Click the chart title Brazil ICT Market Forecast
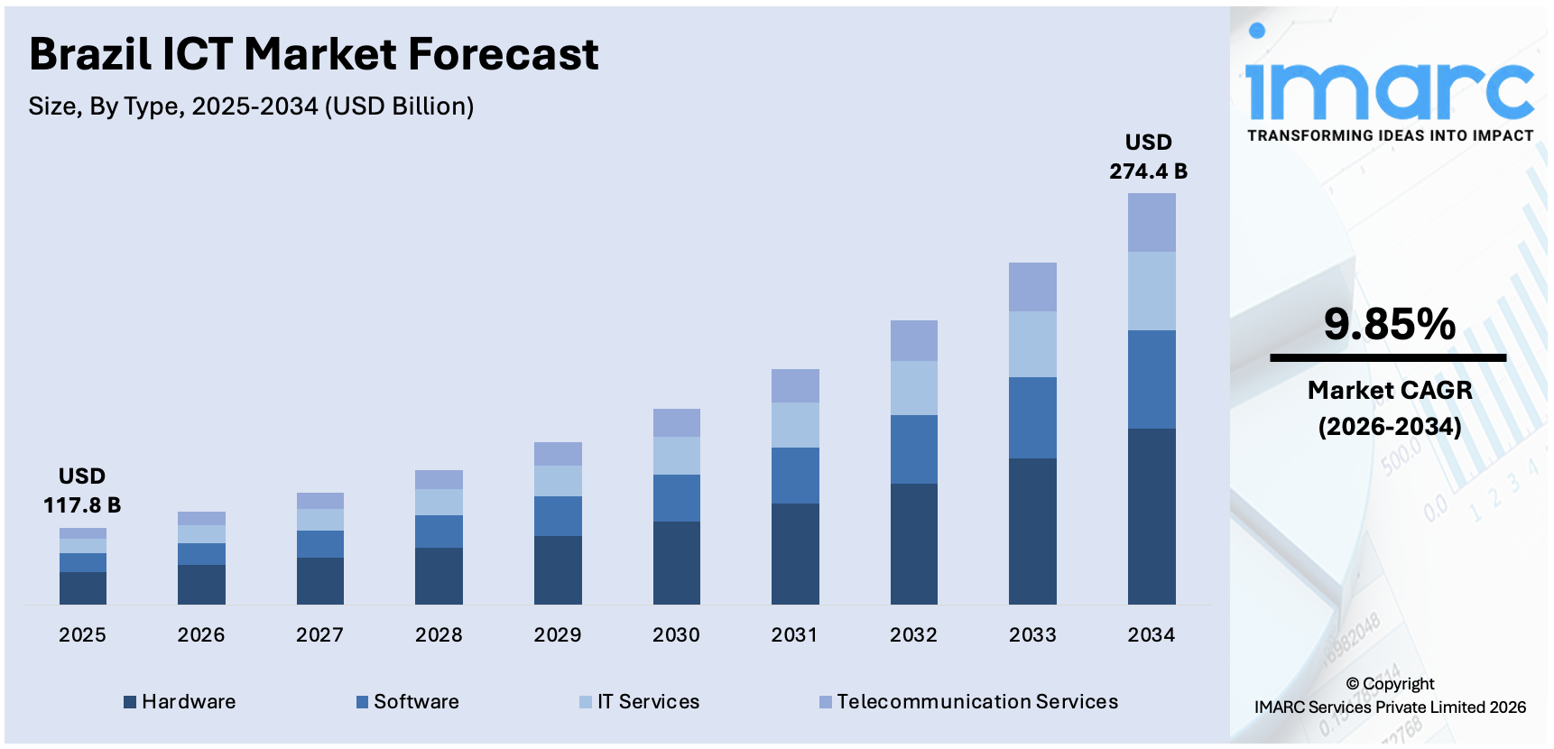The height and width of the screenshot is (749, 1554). (313, 54)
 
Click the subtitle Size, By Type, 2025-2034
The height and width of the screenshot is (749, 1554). (251, 106)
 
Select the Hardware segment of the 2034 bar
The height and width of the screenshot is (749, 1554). (1152, 516)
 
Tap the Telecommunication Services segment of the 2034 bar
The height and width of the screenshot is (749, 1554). (1152, 222)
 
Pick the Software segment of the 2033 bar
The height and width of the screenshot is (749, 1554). (1032, 418)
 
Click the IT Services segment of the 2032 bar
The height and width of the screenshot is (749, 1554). (913, 388)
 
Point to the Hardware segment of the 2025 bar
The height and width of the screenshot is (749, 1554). (83, 588)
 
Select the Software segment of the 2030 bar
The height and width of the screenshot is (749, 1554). (676, 498)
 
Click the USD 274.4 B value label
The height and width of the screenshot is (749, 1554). (1148, 157)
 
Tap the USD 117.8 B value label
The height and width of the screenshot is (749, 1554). (82, 491)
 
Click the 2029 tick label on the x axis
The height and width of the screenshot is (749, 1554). (557, 635)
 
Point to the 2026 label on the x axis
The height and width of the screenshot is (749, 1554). (201, 635)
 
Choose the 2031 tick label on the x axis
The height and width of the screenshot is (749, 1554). (794, 635)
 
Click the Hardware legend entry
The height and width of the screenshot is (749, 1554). (180, 702)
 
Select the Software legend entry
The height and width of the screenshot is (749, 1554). (408, 702)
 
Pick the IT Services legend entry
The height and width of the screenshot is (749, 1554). (640, 702)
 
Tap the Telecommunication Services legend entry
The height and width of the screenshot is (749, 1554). (968, 702)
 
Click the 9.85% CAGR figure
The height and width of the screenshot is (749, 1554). (1389, 324)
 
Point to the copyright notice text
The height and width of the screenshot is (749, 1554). (1389, 696)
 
